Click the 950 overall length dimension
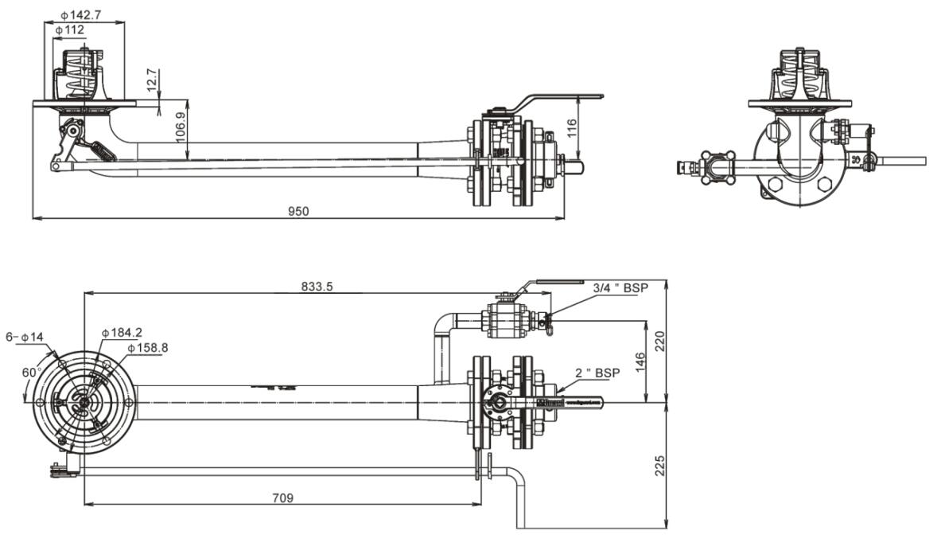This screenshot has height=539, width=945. [298, 211]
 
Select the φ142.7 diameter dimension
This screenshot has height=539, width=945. [80, 14]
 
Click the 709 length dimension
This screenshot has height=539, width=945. [283, 498]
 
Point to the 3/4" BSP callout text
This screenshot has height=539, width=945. [620, 288]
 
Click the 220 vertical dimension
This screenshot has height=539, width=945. [659, 341]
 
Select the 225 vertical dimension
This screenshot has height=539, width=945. [659, 465]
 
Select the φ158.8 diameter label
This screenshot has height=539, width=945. [147, 347]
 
